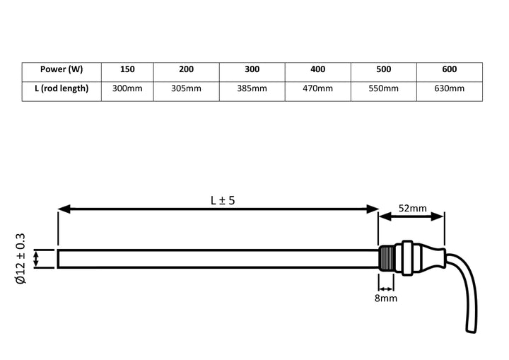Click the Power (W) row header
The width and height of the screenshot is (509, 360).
(62, 70)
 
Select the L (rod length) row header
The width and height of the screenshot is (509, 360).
(62, 88)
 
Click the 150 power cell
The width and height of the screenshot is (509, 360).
(127, 70)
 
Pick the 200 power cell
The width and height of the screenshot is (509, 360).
(186, 70)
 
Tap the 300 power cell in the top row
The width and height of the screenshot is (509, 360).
(252, 70)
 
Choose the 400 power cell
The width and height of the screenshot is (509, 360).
(317, 70)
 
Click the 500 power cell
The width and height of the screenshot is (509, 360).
(383, 70)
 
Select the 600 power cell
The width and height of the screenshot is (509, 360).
(449, 70)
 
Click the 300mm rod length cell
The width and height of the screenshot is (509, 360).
(127, 88)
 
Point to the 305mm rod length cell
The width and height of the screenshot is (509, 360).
(186, 88)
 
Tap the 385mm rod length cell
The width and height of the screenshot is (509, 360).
(252, 88)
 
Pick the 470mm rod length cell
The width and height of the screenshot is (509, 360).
(317, 88)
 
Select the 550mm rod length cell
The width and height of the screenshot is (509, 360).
(383, 88)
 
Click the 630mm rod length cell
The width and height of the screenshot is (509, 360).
(449, 88)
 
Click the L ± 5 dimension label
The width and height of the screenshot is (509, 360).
(222, 200)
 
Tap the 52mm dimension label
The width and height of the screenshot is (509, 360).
(411, 208)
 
